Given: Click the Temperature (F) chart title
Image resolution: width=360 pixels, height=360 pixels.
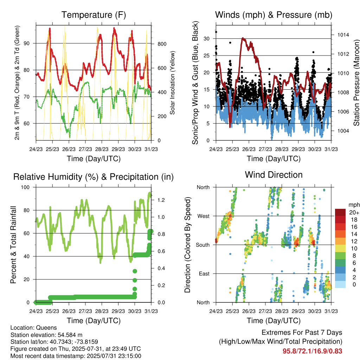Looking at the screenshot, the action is point(94,15).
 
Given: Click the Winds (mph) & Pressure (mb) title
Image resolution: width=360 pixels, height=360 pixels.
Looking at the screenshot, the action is point(274,15).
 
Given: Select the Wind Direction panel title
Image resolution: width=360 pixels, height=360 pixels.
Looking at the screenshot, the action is point(274,175).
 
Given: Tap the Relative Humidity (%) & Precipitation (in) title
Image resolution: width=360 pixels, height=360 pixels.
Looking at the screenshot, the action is point(94,177).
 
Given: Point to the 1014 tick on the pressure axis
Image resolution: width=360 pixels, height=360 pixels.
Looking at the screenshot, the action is point(343,35).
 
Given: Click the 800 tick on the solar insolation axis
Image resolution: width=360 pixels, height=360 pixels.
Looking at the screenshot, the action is point(162,44).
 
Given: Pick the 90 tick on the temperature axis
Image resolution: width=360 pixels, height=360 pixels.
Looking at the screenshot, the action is point(27,43).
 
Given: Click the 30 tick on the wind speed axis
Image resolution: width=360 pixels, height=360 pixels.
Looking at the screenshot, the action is point(206,39).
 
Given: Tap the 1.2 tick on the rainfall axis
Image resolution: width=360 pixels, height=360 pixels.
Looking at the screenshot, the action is point(161,200).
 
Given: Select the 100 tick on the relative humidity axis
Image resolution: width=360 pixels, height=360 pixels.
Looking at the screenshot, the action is point(25,187).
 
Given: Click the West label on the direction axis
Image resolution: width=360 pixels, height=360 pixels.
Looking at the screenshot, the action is point(204,216).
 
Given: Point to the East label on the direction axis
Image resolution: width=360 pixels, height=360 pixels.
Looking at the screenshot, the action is point(204,274).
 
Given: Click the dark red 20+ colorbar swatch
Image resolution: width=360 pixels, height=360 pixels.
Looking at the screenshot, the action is point(340,212).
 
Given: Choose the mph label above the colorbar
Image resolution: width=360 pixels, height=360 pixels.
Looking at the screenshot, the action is point(354,205).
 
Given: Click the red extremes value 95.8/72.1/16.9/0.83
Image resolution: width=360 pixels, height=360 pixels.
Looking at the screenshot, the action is point(312,351).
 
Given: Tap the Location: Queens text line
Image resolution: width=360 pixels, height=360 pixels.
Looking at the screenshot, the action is point(33,328).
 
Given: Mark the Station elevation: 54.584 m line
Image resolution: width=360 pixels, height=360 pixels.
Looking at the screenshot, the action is point(46,335).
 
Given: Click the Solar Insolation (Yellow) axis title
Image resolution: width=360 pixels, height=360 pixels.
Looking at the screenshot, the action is point(172,83).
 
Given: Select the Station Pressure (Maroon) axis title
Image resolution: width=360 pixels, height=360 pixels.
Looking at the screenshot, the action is point(356,83).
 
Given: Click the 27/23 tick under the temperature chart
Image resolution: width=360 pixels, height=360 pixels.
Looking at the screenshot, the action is point(85,149).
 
